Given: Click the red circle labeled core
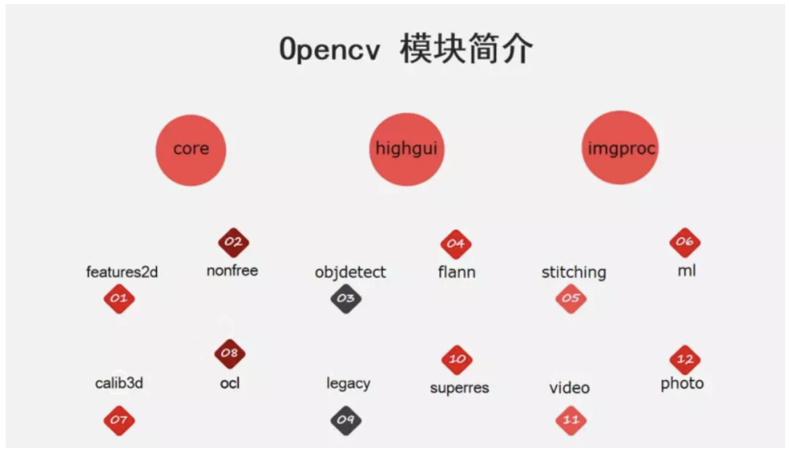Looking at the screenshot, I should (191, 149).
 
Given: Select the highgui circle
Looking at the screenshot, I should (407, 149).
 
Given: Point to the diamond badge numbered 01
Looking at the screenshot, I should (119, 299).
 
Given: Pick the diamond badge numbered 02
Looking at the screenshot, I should (233, 242).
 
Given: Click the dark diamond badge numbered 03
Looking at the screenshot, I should (346, 299).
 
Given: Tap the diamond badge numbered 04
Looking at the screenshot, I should (456, 244).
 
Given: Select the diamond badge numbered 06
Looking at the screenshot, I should (685, 242).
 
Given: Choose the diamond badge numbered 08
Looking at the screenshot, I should (230, 353).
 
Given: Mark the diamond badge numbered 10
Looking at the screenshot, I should (457, 360).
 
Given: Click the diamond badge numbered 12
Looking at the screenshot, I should (685, 360).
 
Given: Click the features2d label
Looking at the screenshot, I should (121, 272).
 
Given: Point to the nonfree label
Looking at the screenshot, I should (232, 271).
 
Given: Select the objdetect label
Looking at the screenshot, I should (350, 272).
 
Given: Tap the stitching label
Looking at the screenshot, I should (574, 272).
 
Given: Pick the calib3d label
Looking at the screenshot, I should (119, 383).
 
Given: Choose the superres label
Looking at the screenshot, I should (460, 388).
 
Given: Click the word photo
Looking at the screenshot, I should (682, 383).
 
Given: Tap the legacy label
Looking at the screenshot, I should (348, 383).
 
